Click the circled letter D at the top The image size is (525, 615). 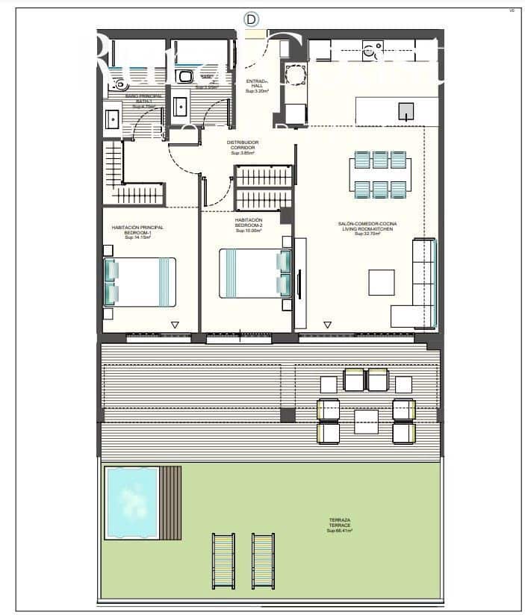(x=252, y=19)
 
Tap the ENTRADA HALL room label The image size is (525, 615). (x=256, y=83)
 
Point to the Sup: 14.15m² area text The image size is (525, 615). (x=138, y=237)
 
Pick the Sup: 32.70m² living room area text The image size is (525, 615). (x=367, y=234)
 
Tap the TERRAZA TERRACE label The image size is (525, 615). (x=339, y=525)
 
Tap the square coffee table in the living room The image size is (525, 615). (x=382, y=282)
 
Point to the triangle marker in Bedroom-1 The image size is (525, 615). (x=174, y=325)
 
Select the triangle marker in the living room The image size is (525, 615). (x=327, y=325)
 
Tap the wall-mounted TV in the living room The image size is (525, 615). (x=299, y=284)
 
